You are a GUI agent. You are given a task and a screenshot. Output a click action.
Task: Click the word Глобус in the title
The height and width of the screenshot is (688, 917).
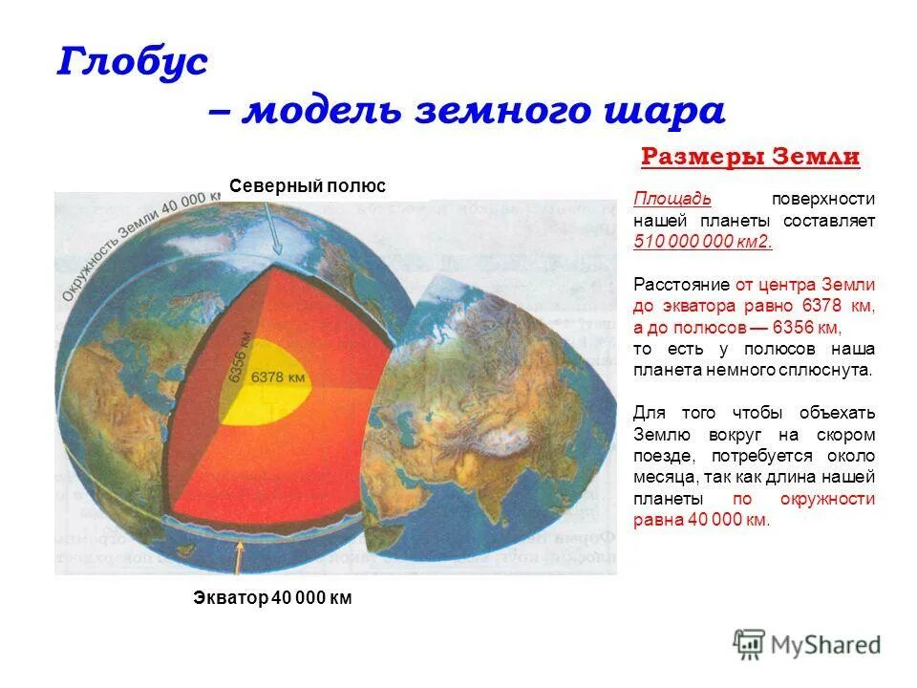[x=133, y=64]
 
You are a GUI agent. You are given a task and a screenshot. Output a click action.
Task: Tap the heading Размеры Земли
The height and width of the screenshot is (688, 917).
[x=750, y=157]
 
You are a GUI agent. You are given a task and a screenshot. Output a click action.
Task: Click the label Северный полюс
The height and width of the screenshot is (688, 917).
[x=307, y=186]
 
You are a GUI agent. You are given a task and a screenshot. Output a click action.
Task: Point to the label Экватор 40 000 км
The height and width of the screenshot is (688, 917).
[x=272, y=599]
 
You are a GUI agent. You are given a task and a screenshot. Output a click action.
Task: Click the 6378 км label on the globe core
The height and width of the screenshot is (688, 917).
[x=279, y=377]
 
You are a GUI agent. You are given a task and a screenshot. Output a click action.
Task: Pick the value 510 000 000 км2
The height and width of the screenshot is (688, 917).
[x=703, y=242]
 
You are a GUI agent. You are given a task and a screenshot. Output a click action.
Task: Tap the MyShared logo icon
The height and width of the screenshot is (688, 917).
[x=751, y=644]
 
